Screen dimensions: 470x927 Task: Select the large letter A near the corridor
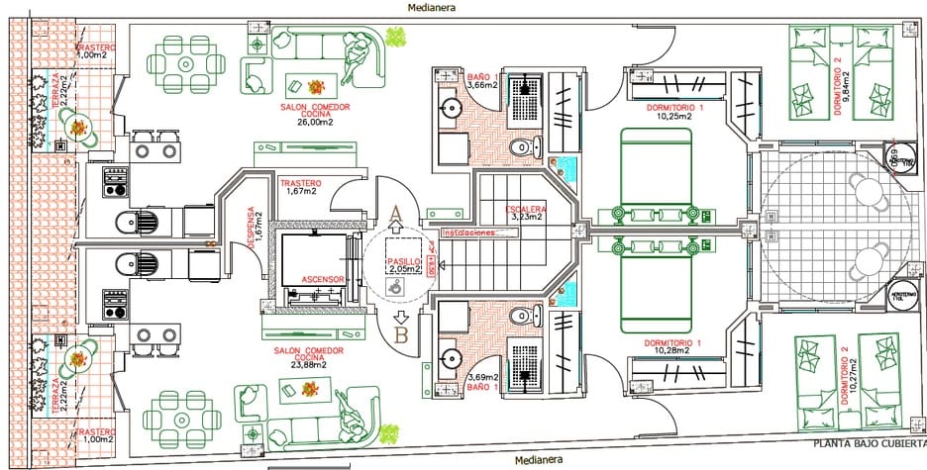click(x=396, y=212)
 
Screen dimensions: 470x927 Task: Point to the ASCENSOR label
click(x=321, y=279)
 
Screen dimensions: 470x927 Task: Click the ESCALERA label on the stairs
click(x=523, y=209)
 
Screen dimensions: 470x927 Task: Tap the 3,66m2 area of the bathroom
click(x=482, y=86)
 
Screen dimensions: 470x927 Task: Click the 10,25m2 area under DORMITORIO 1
click(x=674, y=117)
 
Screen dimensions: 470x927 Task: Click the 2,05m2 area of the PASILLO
click(x=404, y=268)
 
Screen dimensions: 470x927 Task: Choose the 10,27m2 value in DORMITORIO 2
click(x=847, y=381)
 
